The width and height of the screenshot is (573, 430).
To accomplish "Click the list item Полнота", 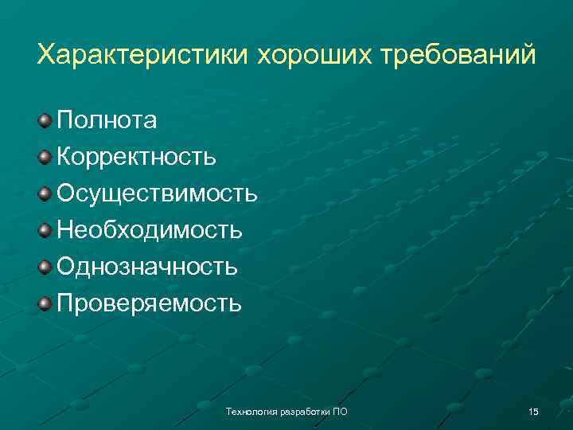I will coord(107,120).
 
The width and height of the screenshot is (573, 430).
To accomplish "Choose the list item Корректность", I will coord(136,157).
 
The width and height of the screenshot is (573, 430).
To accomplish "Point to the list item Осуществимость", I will coord(157,193).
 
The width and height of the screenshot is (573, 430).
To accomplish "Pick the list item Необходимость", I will coord(150,230).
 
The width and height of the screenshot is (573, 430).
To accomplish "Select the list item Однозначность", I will coord(147,267).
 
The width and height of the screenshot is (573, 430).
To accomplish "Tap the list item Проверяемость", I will coord(149,303).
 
